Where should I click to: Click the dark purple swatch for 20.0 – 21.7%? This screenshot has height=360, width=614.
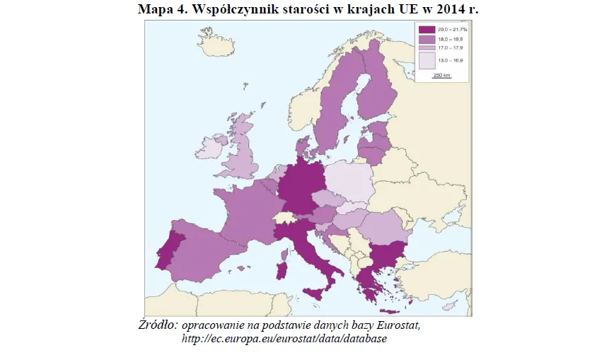427,30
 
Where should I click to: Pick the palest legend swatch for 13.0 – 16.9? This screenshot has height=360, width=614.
427,61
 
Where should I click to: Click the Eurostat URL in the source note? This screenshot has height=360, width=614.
284,339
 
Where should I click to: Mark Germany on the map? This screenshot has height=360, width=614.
297,187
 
